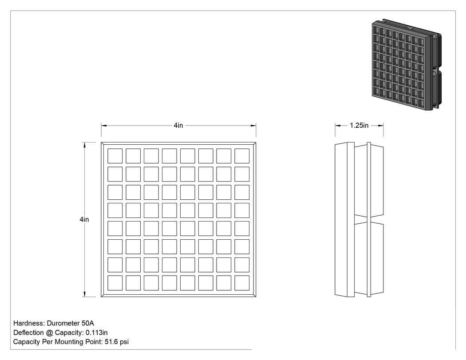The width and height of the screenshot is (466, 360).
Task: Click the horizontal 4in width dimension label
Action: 178,126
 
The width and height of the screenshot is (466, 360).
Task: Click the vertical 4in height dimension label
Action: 84,219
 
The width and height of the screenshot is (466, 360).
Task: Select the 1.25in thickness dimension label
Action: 359,126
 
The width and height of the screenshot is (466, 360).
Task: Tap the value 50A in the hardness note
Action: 88,323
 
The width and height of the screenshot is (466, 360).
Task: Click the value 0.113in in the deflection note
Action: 97,332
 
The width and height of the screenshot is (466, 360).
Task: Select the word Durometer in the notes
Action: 63,323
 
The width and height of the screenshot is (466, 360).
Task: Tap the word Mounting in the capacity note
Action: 69,342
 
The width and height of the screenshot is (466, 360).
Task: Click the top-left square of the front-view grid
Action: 115,156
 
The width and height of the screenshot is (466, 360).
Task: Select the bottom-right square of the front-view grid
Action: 242,283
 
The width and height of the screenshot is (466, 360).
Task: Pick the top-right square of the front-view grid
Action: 242,156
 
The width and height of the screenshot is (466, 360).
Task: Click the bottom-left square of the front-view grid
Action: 115,283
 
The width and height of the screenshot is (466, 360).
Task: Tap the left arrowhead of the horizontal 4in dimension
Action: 104,126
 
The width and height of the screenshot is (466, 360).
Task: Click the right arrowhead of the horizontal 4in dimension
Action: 253,126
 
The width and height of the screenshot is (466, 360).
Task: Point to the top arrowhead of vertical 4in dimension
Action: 84,145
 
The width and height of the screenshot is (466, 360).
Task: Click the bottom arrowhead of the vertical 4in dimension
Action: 84,294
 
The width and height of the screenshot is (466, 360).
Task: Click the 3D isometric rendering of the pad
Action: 407,65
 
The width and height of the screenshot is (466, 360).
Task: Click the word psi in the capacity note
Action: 124,342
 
